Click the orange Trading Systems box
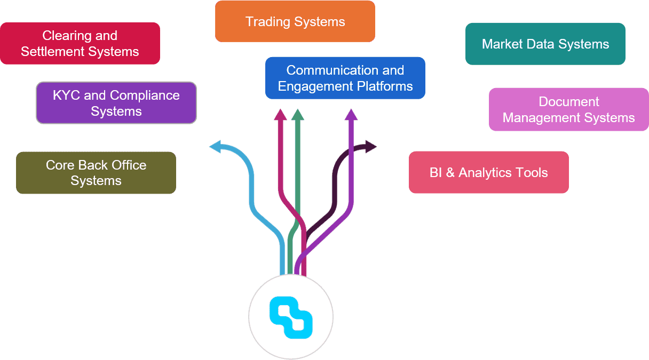[295, 21]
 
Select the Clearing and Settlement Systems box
[80, 44]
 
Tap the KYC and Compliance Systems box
[116, 103]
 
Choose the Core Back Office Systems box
[96, 173]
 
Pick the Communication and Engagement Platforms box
[345, 78]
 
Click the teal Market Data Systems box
[545, 44]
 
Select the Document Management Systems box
[569, 109]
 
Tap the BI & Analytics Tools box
[488, 172]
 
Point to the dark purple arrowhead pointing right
[371, 146]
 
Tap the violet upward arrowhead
[351, 114]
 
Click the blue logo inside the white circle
[291, 318]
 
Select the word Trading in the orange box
[266, 22]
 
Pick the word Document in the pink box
[569, 101]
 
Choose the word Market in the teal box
[502, 44]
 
